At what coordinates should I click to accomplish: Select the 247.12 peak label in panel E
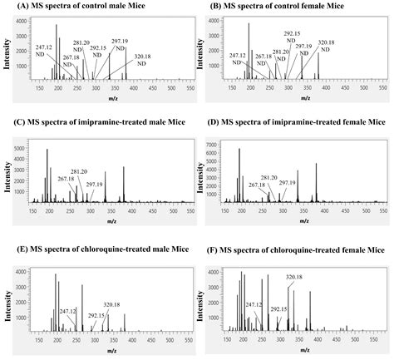pyautogui.click(x=68, y=311)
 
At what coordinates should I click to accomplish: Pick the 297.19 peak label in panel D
pyautogui.click(x=288, y=183)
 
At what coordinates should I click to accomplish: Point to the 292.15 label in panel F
pyautogui.click(x=279, y=308)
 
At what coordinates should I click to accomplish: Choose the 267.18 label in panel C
pyautogui.click(x=66, y=178)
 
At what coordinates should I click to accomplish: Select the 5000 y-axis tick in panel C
pyautogui.click(x=19, y=146)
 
